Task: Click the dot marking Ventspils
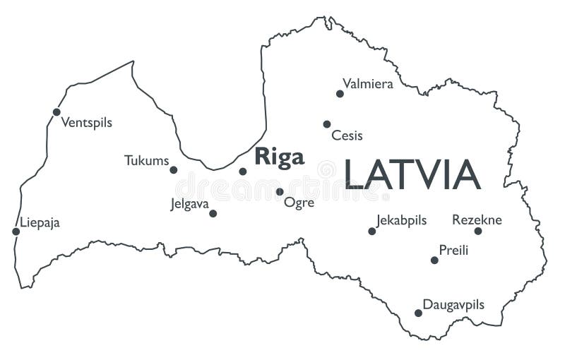pyautogui.click(x=56, y=112)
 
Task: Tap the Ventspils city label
pyautogui.click(x=86, y=123)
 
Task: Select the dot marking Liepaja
pyautogui.click(x=16, y=232)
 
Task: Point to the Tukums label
pyautogui.click(x=146, y=160)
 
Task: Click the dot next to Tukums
pyautogui.click(x=174, y=169)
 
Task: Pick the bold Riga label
pyautogui.click(x=279, y=157)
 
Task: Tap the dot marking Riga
pyautogui.click(x=243, y=171)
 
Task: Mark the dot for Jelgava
pyautogui.click(x=213, y=213)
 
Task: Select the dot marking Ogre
pyautogui.click(x=280, y=191)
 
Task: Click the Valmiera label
pyautogui.click(x=367, y=84)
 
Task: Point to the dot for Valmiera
pyautogui.click(x=340, y=93)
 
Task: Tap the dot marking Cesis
pyautogui.click(x=327, y=124)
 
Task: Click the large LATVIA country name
pyautogui.click(x=412, y=175)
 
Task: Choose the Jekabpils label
pyautogui.click(x=401, y=220)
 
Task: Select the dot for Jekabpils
pyautogui.click(x=372, y=231)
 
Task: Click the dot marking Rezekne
pyautogui.click(x=478, y=231)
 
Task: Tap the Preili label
pyautogui.click(x=453, y=250)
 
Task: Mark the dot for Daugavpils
pyautogui.click(x=418, y=313)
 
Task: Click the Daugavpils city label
pyautogui.click(x=453, y=305)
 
